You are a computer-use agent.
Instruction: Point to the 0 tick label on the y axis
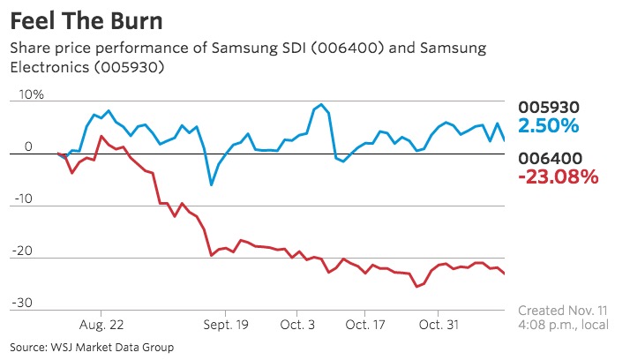coord(28,146)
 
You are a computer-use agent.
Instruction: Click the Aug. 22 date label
coord(102,325)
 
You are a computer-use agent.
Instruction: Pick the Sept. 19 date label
coord(228,325)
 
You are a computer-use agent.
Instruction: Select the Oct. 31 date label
coord(439,325)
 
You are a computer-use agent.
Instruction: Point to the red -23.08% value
coord(558,177)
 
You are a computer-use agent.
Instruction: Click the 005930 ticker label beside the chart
coord(549,107)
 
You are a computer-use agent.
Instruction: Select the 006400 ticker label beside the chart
coord(549,159)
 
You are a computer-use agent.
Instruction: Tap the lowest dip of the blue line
coord(211,184)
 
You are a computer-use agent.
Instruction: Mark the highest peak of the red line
coord(101,137)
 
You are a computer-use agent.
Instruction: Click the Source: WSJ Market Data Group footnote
coord(93,348)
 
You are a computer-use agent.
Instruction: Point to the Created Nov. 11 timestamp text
coord(560,311)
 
